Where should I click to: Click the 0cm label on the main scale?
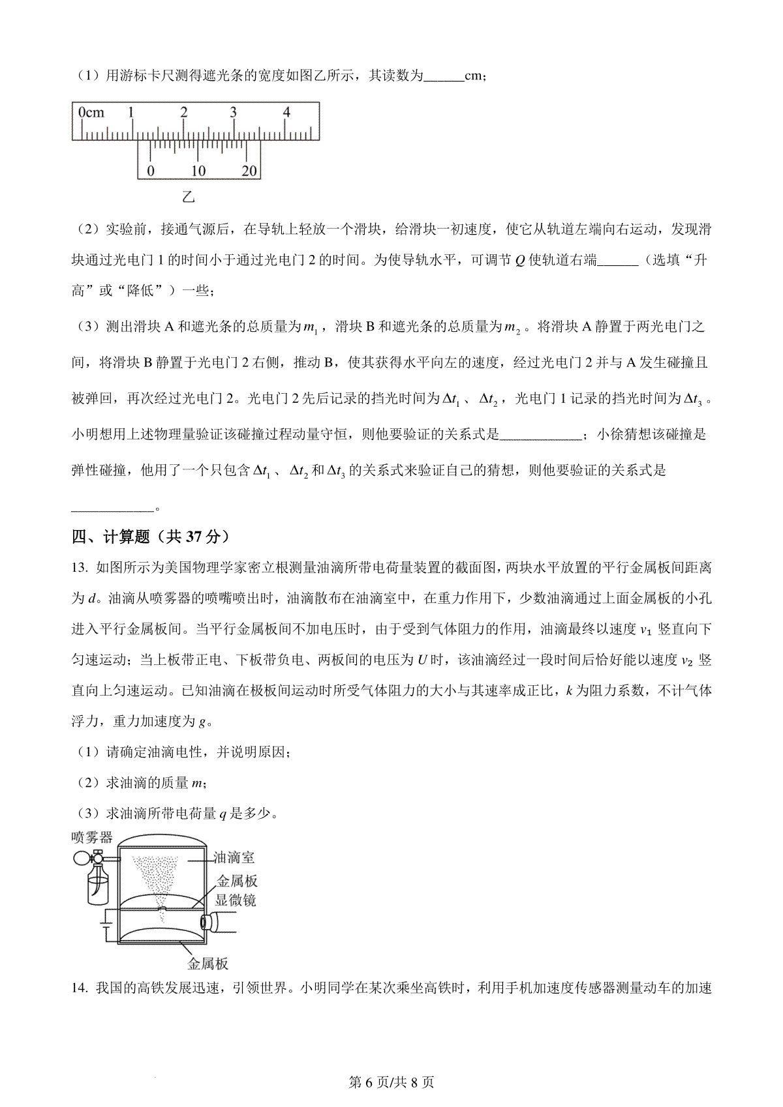(x=91, y=113)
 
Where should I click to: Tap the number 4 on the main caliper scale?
(x=286, y=112)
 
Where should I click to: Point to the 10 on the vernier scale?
(x=198, y=171)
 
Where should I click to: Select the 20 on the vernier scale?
(x=249, y=171)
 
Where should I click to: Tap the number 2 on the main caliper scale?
(x=184, y=112)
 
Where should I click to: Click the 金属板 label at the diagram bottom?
(x=207, y=964)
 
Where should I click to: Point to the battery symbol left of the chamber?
(x=102, y=924)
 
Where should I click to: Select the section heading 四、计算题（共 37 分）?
(x=151, y=537)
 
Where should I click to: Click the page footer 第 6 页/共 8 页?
(x=391, y=1082)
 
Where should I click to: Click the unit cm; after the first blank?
(x=474, y=76)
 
